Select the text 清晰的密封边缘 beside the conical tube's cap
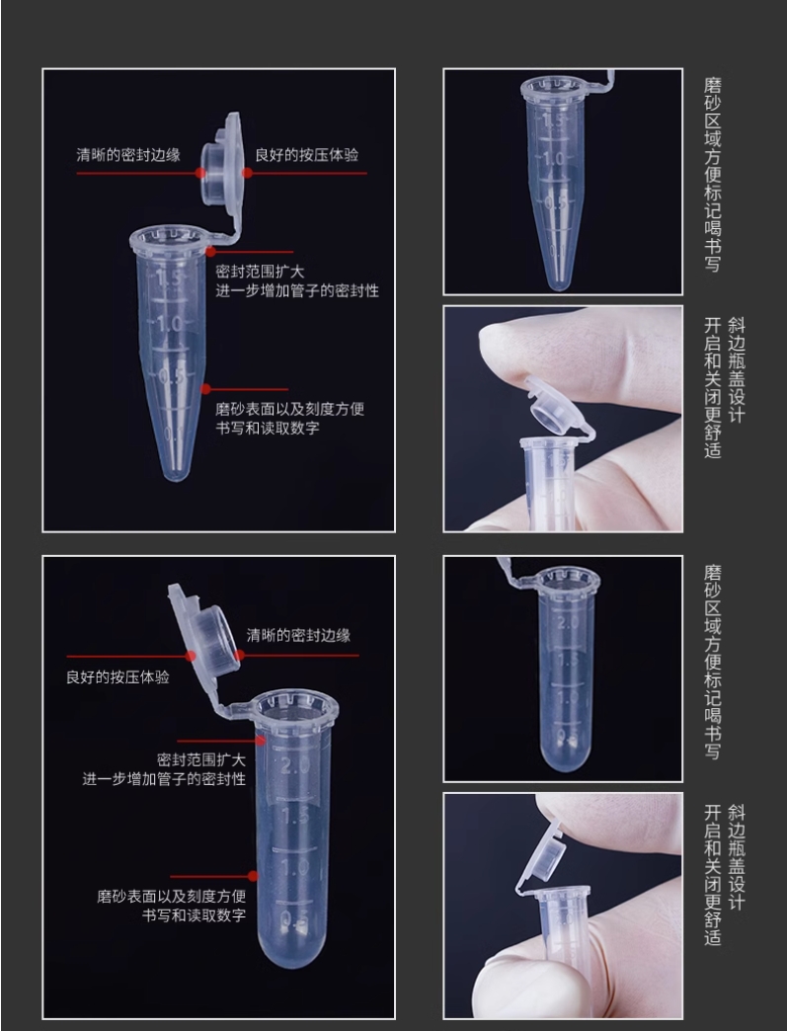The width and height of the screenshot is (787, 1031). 128,155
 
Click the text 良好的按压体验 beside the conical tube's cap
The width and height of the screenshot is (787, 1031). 307,155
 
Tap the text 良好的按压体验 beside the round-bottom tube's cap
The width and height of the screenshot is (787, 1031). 118,677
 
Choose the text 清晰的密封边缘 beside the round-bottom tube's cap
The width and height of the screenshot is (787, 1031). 298,635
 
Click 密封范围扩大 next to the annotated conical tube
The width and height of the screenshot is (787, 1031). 261,272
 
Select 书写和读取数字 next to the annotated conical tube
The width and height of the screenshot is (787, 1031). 268,428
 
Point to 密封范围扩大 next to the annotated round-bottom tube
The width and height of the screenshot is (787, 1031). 201,760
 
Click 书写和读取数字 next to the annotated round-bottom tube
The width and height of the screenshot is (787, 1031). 195,915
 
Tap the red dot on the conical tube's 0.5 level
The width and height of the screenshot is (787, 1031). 205,389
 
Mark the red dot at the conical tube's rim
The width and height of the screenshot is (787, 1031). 211,251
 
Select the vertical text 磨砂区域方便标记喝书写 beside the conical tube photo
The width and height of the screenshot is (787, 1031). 713,174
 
